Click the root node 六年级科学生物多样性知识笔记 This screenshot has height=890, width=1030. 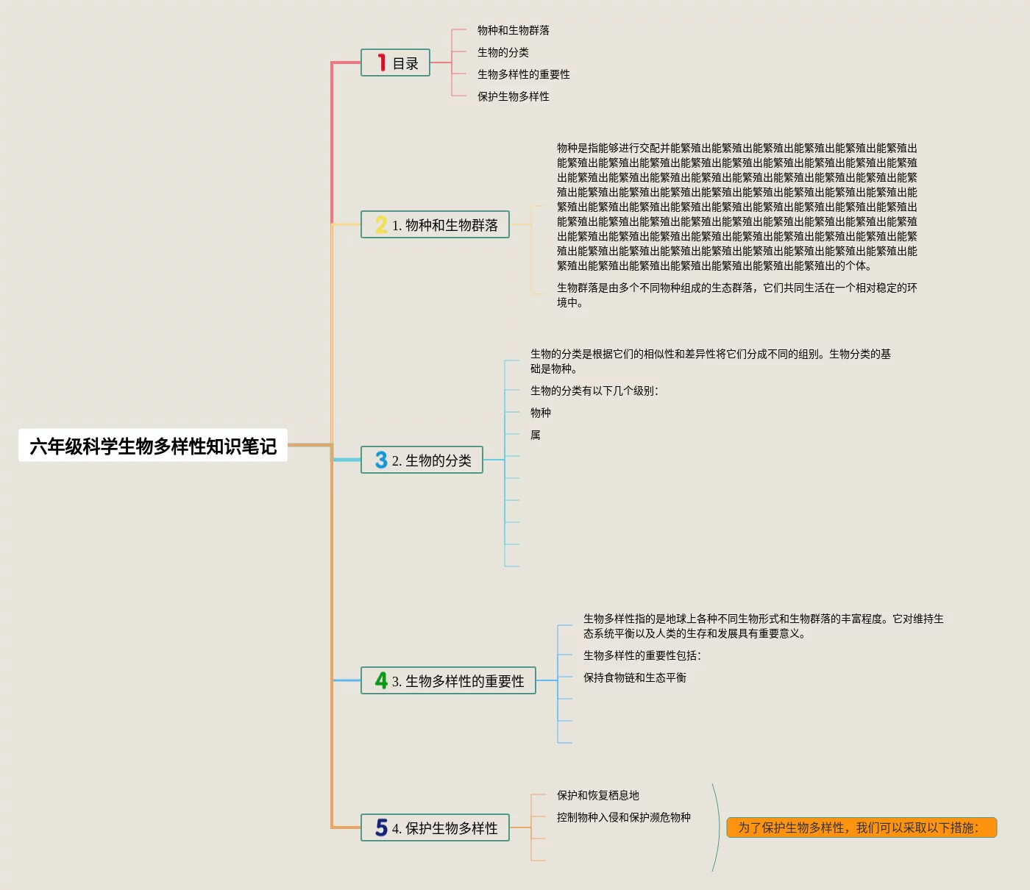click(153, 446)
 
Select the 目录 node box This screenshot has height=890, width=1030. click(396, 63)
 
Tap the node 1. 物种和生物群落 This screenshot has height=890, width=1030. click(436, 225)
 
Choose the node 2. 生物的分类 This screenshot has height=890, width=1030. click(422, 460)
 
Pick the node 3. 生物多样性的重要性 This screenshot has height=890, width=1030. click(449, 681)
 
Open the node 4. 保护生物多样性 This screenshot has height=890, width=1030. click(436, 828)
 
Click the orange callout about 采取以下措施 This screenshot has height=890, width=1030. click(862, 828)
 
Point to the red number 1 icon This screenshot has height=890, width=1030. click(381, 63)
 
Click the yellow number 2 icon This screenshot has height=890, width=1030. click(381, 225)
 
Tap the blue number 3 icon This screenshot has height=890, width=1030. click(381, 460)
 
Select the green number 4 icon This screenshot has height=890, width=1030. click(381, 681)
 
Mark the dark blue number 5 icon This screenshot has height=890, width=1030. click(381, 828)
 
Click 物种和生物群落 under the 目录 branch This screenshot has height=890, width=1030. click(513, 30)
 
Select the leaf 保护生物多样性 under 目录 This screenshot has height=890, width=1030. click(513, 96)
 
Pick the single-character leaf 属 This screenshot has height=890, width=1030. click(536, 435)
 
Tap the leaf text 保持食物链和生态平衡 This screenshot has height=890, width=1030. click(634, 677)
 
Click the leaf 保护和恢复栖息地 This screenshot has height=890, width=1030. click(597, 795)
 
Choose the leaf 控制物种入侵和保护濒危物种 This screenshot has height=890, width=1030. click(623, 817)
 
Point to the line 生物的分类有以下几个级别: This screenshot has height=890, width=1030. click(594, 391)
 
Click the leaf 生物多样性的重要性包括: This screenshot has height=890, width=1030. click(642, 655)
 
